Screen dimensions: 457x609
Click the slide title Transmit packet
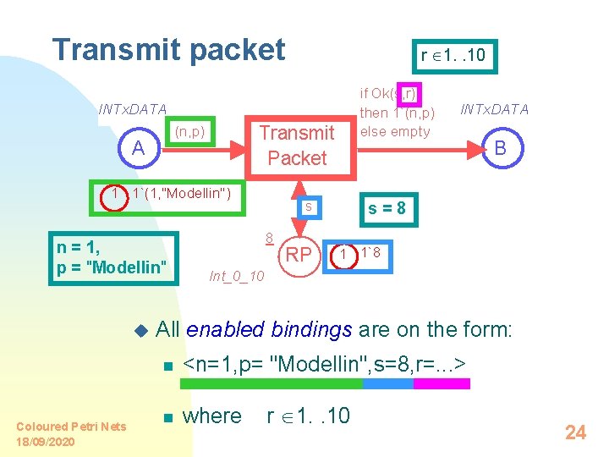pyautogui.click(x=169, y=50)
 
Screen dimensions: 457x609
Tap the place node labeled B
pyautogui.click(x=500, y=148)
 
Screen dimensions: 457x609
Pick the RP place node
pyautogui.click(x=298, y=255)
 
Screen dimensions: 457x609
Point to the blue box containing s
pyautogui.click(x=310, y=206)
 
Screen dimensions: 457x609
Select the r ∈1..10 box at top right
pyautogui.click(x=453, y=56)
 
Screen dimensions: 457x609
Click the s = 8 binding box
pyautogui.click(x=390, y=207)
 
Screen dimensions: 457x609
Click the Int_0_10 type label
pyautogui.click(x=236, y=276)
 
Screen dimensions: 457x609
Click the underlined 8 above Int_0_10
pyautogui.click(x=267, y=239)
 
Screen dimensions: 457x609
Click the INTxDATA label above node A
pyautogui.click(x=133, y=109)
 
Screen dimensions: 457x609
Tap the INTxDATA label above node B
pyautogui.click(x=493, y=109)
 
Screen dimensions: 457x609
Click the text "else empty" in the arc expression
pyautogui.click(x=395, y=131)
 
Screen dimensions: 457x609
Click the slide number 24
pyautogui.click(x=575, y=432)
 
